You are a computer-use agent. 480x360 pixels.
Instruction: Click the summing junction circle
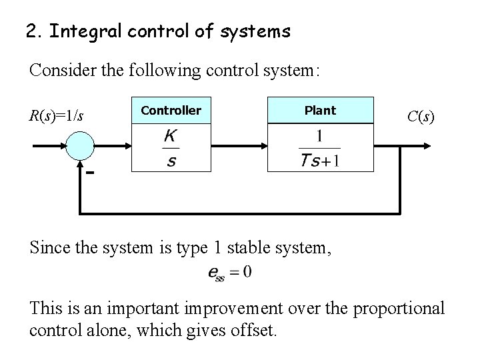(81, 145)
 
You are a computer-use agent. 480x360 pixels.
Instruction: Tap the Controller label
(170, 111)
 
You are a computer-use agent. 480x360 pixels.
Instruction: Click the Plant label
(320, 111)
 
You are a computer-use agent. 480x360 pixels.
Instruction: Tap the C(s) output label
(419, 117)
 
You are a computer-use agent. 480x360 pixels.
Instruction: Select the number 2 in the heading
(30, 31)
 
